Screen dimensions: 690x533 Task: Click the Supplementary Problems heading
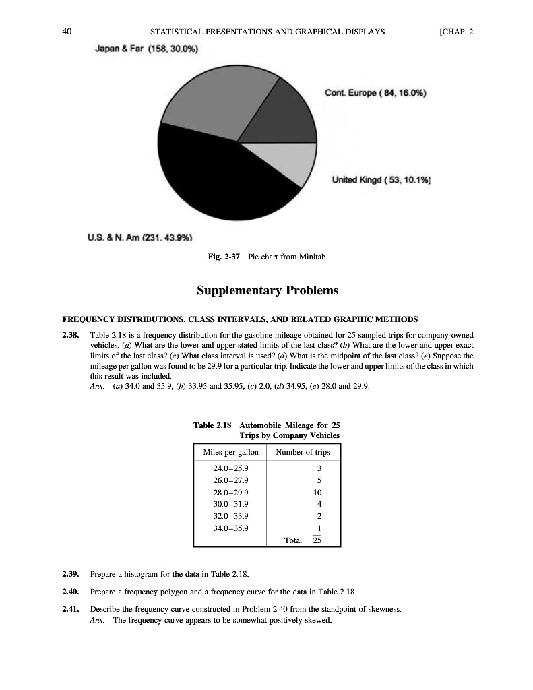click(x=268, y=291)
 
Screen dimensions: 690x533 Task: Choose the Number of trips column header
click(x=305, y=451)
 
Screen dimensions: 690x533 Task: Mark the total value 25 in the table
click(x=319, y=540)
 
